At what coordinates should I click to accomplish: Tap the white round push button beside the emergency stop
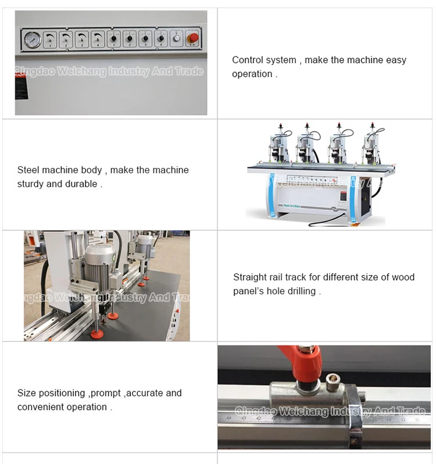coord(177,39)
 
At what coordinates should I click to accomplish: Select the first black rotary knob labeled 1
coord(114,39)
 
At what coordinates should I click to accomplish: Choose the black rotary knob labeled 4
coord(161,39)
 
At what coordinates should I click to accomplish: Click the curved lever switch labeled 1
coord(51,39)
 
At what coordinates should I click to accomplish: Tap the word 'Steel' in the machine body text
coord(28,170)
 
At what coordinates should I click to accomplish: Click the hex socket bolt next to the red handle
coord(334,381)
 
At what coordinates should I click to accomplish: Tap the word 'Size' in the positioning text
coord(27,393)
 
